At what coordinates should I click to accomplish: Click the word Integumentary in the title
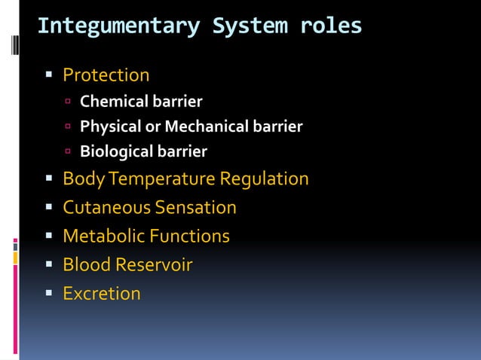[118, 26]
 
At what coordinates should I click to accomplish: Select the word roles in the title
[331, 26]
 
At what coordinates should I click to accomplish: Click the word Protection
[106, 75]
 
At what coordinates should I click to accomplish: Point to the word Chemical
[114, 101]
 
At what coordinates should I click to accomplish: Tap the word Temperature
[164, 179]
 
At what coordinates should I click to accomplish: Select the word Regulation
[264, 179]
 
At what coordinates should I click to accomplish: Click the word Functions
[189, 236]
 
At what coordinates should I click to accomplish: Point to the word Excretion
[101, 294]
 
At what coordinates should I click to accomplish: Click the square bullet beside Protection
[48, 75]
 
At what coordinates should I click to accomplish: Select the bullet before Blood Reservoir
[48, 265]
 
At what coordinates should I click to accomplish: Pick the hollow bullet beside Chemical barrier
[68, 101]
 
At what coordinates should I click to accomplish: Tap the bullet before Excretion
[48, 294]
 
